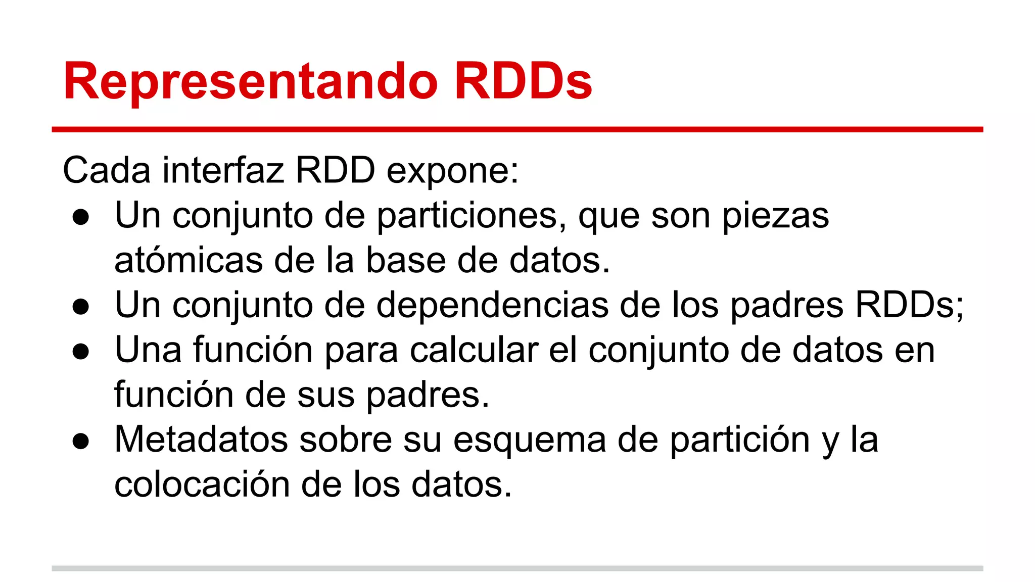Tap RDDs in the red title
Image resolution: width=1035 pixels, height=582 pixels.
click(523, 81)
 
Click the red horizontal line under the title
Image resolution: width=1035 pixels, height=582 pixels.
click(517, 130)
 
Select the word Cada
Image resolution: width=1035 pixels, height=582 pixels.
click(107, 170)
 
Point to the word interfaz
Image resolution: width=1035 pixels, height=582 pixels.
click(223, 170)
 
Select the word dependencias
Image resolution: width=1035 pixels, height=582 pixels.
click(492, 305)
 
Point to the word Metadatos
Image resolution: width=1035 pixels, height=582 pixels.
click(201, 439)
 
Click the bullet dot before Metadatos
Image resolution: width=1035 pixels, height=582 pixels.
click(81, 441)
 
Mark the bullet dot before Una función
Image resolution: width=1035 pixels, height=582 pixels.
click(81, 352)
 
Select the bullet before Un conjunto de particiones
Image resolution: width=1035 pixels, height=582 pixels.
click(81, 217)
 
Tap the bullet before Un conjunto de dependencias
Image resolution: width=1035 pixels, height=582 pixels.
click(81, 307)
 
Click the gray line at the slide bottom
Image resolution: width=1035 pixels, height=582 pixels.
click(517, 568)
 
